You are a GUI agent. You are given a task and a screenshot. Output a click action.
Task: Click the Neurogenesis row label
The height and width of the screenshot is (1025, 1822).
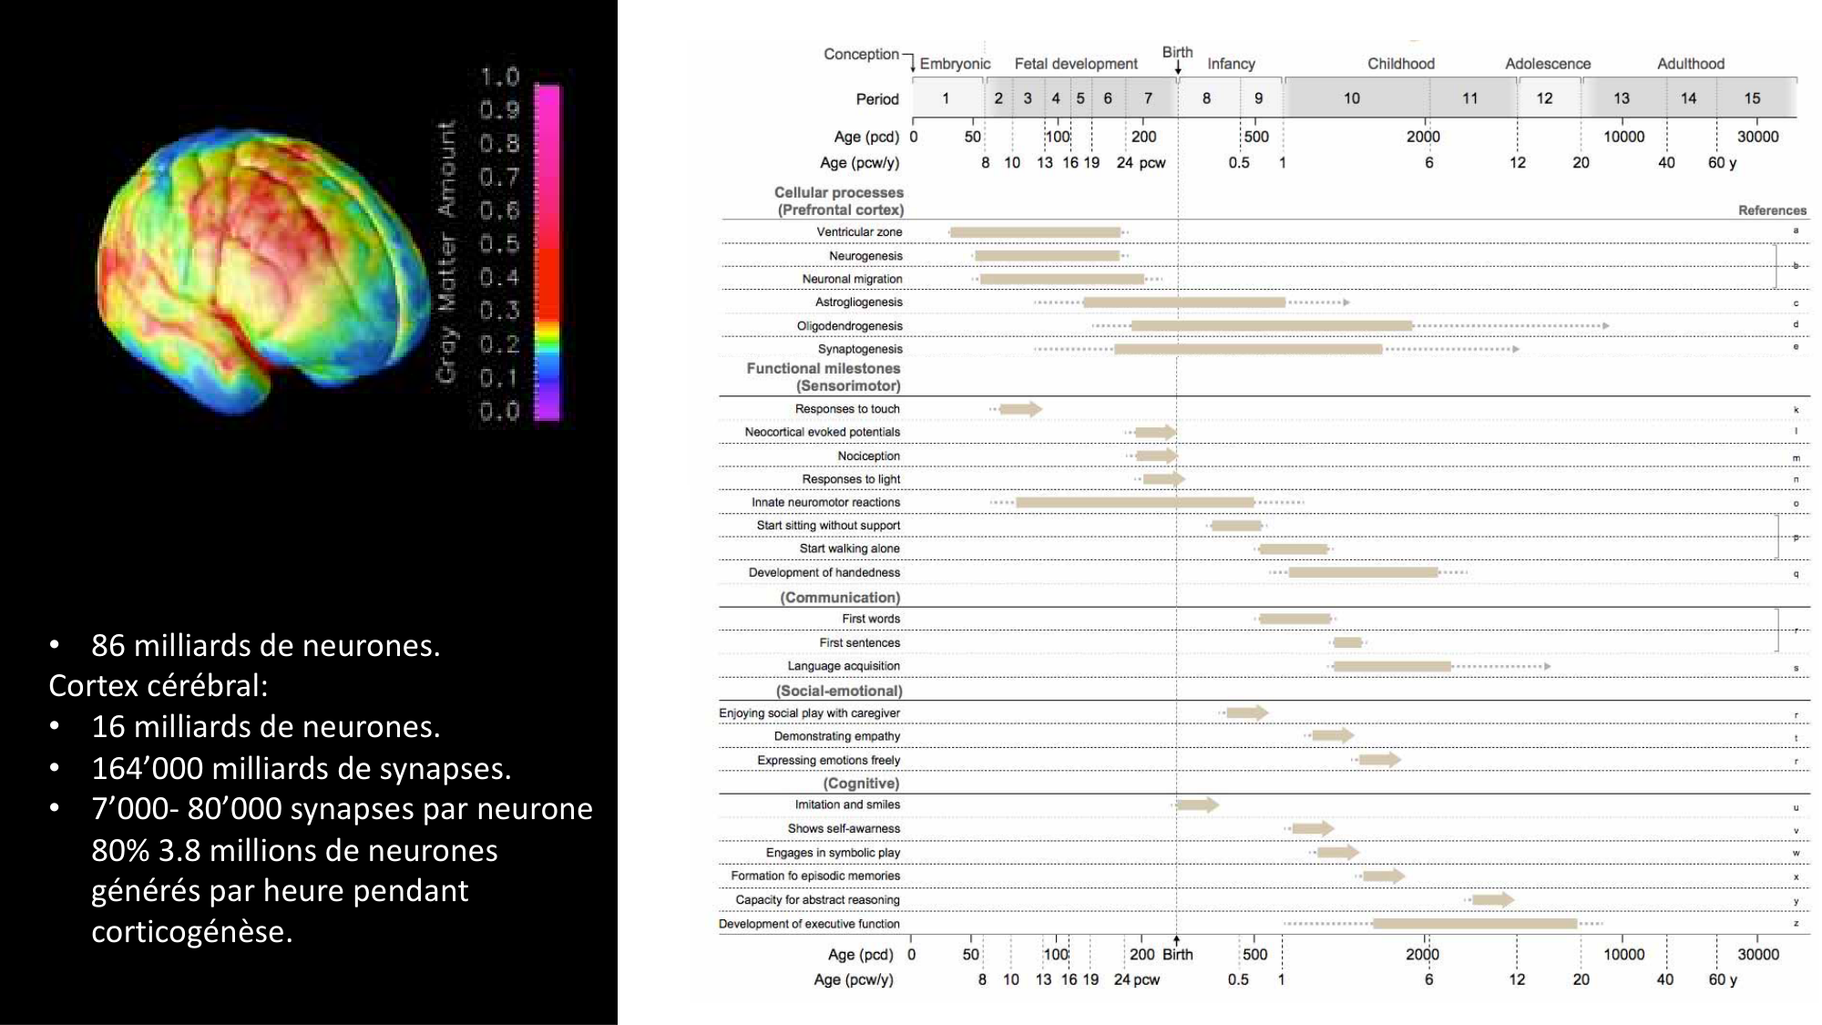865,256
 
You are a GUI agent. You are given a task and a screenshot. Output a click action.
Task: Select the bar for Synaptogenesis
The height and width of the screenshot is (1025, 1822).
1248,349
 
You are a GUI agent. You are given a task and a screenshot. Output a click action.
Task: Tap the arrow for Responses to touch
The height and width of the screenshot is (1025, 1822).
1019,409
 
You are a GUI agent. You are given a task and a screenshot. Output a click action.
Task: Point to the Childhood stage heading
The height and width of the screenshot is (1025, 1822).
1400,64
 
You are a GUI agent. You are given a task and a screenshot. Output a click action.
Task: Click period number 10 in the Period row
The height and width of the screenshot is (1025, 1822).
1351,98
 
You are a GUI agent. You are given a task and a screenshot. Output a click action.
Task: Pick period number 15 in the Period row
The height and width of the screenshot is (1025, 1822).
1752,98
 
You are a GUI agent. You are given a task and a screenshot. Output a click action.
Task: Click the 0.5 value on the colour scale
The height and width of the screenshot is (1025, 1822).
499,244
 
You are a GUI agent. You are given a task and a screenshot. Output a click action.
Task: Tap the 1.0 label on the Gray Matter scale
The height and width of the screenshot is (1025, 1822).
499,77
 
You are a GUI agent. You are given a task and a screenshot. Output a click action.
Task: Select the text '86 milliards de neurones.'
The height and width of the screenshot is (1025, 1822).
265,645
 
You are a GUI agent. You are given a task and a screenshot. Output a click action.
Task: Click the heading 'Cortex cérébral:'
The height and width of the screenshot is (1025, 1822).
159,685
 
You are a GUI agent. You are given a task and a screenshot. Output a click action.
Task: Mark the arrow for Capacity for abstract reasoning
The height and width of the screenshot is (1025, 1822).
1492,900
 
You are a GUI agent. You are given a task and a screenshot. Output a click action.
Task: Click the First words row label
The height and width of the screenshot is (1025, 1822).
870,619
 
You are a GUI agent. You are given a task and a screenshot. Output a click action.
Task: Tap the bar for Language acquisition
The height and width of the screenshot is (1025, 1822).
1392,666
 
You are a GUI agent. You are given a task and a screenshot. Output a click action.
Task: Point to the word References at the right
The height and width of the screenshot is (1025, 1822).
1771,210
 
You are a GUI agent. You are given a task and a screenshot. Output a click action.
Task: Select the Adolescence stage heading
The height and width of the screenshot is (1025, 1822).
1547,64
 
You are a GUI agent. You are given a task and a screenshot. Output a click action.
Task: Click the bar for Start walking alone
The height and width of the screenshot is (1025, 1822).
1293,548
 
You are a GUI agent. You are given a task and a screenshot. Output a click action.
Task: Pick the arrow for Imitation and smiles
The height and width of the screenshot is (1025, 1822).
1196,805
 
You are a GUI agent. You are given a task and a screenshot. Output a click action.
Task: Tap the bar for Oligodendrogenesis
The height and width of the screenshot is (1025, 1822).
1272,325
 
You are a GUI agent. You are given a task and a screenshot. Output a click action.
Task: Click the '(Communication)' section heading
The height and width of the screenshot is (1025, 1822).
839,598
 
